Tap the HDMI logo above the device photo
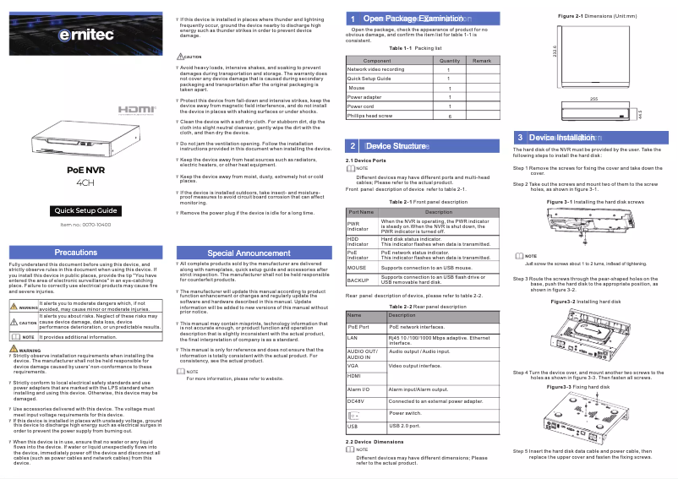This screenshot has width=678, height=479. (x=136, y=111)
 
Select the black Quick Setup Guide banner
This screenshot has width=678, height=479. (x=85, y=210)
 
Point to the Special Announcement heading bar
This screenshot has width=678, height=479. (x=249, y=253)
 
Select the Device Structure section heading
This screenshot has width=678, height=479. (x=396, y=146)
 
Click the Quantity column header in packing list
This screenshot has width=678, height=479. (x=450, y=61)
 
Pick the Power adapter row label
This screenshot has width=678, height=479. (x=364, y=97)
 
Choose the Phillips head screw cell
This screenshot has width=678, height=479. (x=370, y=115)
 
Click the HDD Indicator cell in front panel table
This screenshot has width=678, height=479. (x=358, y=242)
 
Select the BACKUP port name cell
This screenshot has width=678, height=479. (x=358, y=279)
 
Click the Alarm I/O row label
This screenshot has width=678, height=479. (x=359, y=389)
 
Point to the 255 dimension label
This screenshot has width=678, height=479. (x=593, y=99)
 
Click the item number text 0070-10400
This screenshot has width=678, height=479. (x=85, y=225)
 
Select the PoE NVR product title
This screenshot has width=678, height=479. (x=85, y=170)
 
